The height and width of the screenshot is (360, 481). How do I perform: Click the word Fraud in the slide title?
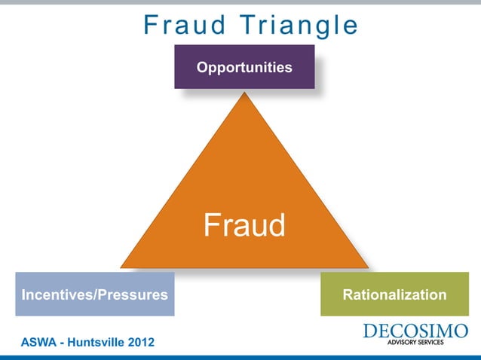(176, 26)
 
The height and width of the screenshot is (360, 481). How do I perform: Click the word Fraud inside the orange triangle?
(244, 225)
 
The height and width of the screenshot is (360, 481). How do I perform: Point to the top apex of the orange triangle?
(244, 93)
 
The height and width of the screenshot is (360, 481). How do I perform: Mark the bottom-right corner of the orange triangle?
(367, 267)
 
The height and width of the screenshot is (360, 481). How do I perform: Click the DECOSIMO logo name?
(415, 331)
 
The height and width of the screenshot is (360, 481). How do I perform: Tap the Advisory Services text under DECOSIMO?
(415, 343)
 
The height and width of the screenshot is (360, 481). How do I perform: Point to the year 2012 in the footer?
(142, 343)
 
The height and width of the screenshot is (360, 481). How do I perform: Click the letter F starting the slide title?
(150, 26)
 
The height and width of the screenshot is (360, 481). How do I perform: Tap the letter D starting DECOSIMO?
(369, 331)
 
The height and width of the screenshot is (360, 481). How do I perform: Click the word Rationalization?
(394, 294)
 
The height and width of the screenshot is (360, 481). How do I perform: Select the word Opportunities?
(244, 68)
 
